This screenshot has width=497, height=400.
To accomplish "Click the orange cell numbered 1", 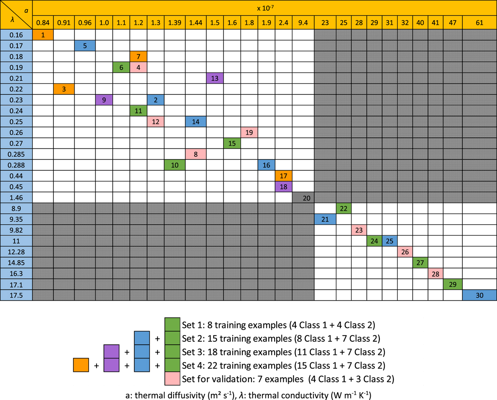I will pos(43,35).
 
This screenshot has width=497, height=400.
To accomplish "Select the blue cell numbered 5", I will pos(85,46).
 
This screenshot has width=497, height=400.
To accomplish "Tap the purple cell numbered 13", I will pos(215,78).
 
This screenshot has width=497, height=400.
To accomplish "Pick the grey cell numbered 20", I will pos(303,197).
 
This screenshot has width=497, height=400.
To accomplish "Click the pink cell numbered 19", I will pos(249,132).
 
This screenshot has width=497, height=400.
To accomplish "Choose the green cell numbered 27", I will pos(420,262).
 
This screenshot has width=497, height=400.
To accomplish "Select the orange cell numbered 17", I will pos(284,176).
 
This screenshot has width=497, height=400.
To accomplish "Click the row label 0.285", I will pos(16,154).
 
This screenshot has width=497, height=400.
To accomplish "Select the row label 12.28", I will pos(16,251).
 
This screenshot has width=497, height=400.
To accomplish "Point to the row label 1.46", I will pos(16,197).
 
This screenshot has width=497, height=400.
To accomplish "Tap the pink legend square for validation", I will pos(172,378).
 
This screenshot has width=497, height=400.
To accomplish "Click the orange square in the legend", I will pos(81,365).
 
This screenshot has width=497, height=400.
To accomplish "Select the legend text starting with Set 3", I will pos(284,352).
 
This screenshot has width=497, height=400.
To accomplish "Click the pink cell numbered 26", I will pos(405,251).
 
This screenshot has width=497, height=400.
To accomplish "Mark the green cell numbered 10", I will pos(175,165).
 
